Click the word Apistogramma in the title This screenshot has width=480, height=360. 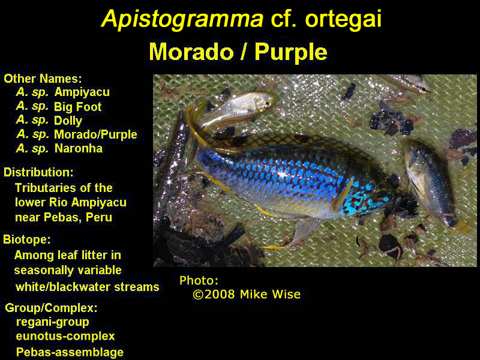coord(182,19)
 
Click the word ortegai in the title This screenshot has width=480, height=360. coord(343,19)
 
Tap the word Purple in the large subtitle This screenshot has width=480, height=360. coord(291,52)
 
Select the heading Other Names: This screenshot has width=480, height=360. coord(43,79)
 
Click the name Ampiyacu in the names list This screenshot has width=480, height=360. coord(82,92)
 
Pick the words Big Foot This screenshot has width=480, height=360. coord(78,107)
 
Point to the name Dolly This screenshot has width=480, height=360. coord(68,121)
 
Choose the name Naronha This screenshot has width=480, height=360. coord(79,148)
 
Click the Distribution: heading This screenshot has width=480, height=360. coord(38,172)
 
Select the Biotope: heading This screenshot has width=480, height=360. coord(27,239)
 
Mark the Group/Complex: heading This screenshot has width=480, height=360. coord(51,308)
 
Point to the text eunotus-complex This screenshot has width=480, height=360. coord(65,336)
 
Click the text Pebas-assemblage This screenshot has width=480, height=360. coord(70,352)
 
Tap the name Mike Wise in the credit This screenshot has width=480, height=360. coord(271,295)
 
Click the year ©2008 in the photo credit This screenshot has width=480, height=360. coord(214,295)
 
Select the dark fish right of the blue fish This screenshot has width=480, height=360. coord(430,181)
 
